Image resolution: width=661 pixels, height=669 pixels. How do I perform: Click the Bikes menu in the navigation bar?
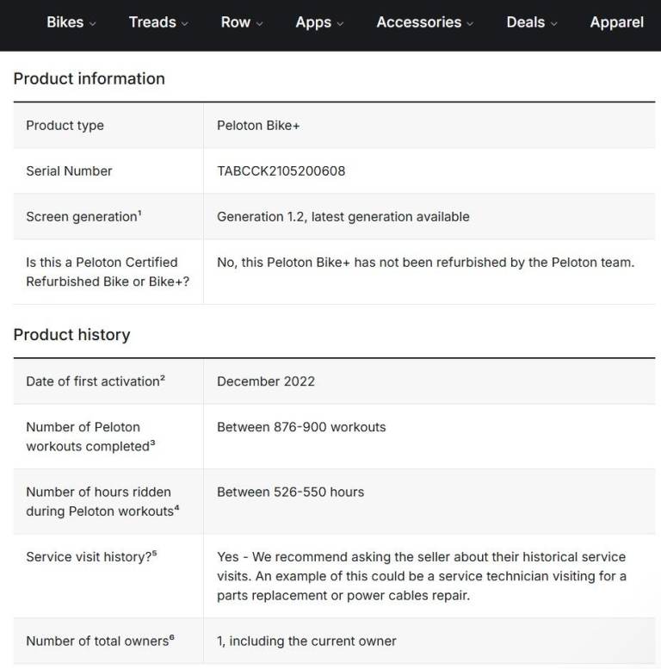point(71,22)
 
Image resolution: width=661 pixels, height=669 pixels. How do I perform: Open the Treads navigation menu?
point(158,22)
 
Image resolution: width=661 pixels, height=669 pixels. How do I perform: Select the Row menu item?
point(241,22)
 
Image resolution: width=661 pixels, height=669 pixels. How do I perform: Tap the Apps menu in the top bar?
point(318,22)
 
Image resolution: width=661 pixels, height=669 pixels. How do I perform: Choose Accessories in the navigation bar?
point(424,22)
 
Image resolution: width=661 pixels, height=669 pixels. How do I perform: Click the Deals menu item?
point(531,22)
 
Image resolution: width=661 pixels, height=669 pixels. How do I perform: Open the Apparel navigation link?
point(616,22)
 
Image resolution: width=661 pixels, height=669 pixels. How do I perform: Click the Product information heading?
point(89,78)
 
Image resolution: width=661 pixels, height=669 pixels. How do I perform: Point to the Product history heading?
point(71,334)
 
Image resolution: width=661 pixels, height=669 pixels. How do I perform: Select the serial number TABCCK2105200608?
point(281,170)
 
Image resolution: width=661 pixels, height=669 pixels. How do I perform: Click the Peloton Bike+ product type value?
point(258,125)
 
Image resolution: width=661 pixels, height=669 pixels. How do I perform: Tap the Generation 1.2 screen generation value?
point(343,216)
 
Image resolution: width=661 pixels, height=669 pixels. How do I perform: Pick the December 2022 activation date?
point(265,381)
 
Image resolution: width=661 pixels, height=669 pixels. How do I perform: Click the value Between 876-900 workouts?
point(301,426)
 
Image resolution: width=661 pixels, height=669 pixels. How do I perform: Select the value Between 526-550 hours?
point(290,492)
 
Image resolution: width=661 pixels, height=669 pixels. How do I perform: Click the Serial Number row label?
point(69,170)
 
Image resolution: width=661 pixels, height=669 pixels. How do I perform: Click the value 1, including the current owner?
point(306,641)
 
